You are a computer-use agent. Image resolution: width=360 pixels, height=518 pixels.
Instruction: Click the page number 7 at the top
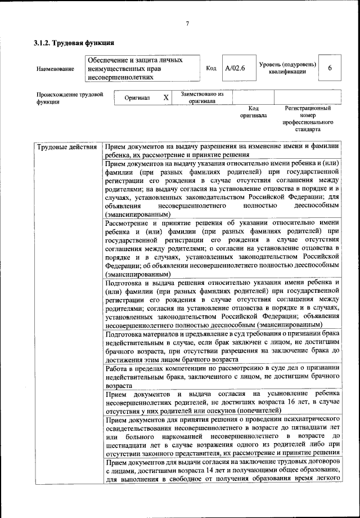point(187,23)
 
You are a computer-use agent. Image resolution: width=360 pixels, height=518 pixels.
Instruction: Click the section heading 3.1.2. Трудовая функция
point(74,43)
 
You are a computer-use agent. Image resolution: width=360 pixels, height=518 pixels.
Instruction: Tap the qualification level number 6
point(330,68)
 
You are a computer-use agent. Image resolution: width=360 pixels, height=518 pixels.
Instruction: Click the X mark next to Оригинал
point(166,98)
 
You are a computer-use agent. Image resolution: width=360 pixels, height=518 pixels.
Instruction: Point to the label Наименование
point(55,69)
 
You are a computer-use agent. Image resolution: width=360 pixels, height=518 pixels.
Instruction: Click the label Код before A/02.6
point(211,69)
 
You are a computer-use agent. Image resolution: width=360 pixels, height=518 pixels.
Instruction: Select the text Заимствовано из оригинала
point(202,97)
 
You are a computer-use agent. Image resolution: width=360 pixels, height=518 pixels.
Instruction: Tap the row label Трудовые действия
point(66,148)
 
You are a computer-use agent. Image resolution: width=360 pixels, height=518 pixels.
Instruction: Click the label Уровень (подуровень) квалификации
point(287,68)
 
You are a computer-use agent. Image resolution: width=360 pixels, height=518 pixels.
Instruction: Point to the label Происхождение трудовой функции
point(69,98)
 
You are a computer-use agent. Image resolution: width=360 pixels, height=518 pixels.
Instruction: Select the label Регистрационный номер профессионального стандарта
point(308,118)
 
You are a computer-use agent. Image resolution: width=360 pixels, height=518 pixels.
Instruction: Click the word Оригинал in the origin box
point(138,98)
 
